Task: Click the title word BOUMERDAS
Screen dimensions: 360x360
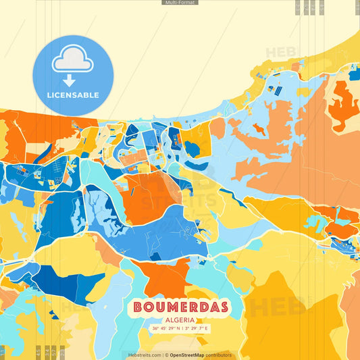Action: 180,307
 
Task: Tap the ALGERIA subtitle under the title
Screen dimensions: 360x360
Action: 180,319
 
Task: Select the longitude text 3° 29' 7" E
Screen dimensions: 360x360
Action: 197,328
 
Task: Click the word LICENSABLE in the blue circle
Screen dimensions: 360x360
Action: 73,95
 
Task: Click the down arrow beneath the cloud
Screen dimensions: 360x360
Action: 70,80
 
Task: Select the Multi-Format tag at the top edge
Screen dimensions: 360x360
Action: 180,3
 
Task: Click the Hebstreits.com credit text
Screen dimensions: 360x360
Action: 145,355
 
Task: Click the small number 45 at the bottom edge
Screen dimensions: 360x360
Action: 38,351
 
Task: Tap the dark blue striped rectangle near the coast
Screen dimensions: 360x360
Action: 276,89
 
